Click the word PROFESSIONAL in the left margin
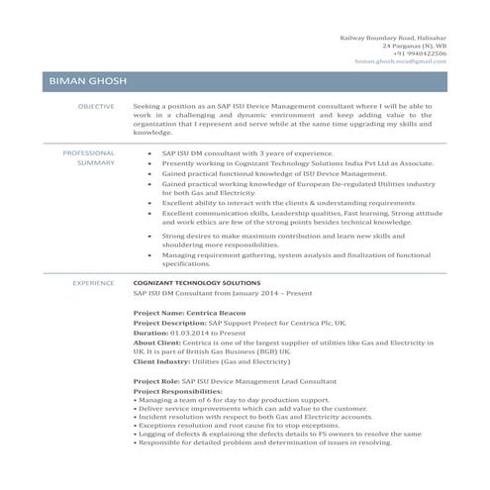[x=88, y=153]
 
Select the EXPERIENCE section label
[x=94, y=283]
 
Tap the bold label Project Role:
[x=155, y=380]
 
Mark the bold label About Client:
[x=156, y=342]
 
